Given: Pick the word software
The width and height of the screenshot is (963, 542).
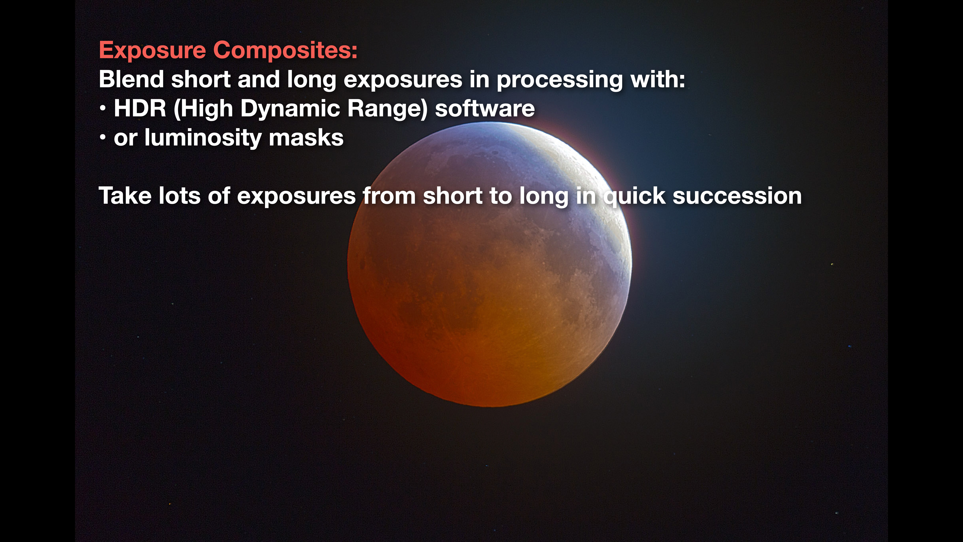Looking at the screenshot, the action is click(x=485, y=108).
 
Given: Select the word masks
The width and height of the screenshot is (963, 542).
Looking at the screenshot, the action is click(x=306, y=138).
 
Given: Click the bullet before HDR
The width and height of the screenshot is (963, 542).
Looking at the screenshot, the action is click(x=103, y=109).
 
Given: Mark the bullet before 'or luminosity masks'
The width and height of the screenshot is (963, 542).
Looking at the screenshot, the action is click(x=103, y=138).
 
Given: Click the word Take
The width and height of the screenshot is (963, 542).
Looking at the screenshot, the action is click(x=125, y=196).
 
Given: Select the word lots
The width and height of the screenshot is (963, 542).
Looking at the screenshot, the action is click(x=179, y=196).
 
